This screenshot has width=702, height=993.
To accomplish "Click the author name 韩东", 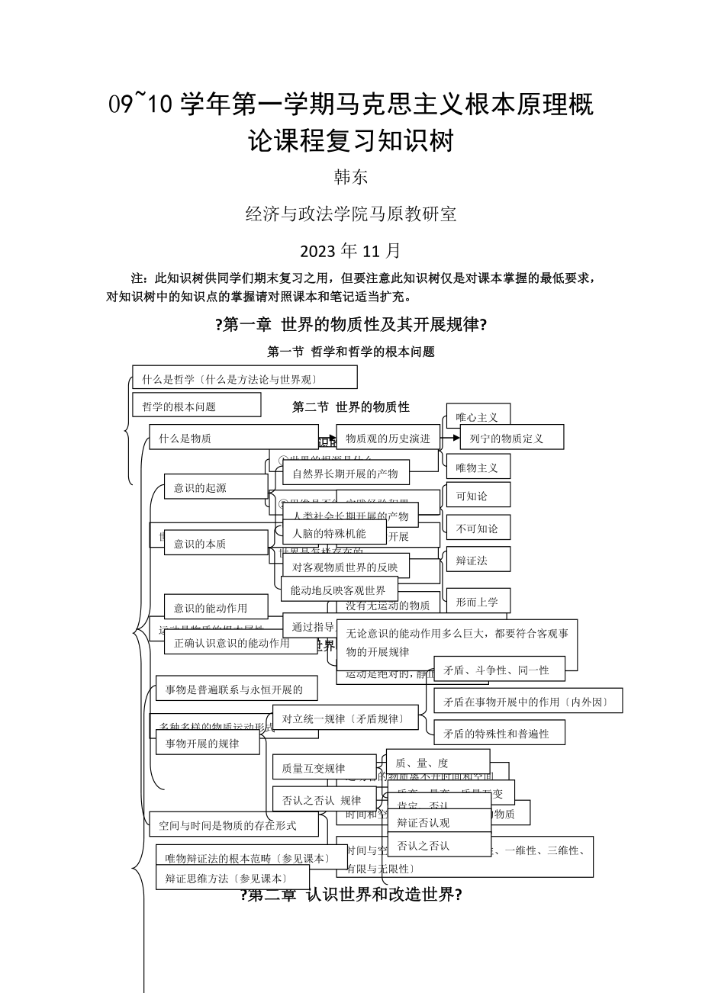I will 351,177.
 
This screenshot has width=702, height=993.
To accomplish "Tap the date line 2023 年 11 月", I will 350,250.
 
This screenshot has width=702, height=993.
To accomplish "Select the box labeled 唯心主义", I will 478,416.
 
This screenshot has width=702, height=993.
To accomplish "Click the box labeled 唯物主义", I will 478,467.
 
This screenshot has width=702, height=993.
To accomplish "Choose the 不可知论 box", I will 478,528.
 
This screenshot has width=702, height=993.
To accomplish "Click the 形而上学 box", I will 478,601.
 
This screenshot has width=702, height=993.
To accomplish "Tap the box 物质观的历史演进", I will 388,438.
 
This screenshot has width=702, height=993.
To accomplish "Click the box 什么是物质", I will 185,438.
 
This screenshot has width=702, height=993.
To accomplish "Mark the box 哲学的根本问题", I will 196,406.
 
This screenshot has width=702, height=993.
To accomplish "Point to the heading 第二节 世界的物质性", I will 351,407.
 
